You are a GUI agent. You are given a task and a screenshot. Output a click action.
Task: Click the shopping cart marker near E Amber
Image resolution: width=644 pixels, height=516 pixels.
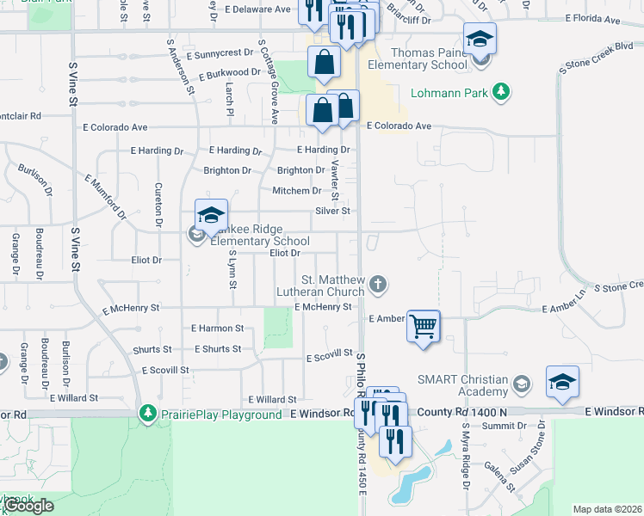tap(423, 327)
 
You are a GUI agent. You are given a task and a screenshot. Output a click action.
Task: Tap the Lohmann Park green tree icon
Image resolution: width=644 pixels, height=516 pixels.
tap(499, 92)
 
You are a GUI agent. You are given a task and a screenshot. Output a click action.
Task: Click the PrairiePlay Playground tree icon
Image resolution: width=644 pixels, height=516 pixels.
tap(148, 415)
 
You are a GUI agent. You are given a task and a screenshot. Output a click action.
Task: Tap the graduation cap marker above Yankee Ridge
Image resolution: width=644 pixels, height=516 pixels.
tap(211, 215)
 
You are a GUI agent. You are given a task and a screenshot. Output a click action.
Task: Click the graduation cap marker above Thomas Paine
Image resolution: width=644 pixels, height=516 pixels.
tap(480, 39)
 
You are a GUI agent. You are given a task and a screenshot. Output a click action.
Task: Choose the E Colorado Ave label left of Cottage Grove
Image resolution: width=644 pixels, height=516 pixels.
tap(115, 126)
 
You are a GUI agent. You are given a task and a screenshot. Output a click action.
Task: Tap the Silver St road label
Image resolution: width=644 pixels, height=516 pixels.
tap(333, 211)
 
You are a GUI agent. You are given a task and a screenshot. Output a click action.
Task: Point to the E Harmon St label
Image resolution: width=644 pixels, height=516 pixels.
tap(218, 328)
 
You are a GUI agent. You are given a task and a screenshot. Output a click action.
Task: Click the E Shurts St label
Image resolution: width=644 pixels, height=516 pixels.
tap(217, 349)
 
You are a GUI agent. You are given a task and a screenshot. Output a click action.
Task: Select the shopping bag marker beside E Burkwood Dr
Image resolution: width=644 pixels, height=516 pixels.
tap(324, 63)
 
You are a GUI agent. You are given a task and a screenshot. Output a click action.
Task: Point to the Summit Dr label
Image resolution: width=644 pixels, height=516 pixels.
tap(498, 427)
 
